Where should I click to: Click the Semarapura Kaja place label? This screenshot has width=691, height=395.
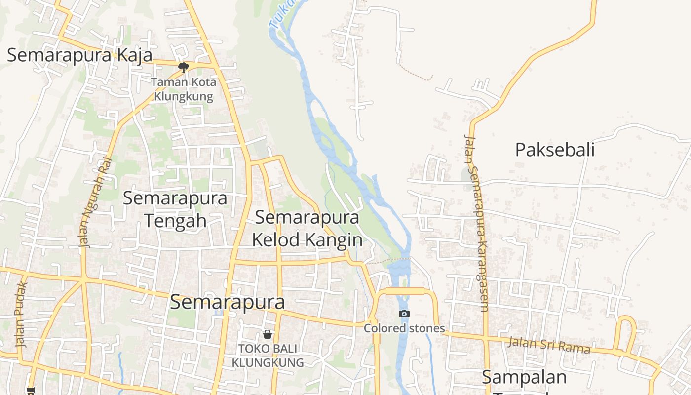click(79, 55)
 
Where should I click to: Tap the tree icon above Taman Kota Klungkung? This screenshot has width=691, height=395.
click(184, 67)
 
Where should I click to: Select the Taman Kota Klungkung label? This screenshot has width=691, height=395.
click(184, 89)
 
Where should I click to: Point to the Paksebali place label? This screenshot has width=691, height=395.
click(555, 150)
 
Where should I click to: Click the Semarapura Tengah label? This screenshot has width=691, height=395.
click(175, 209)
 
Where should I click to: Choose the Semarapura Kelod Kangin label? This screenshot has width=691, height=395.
click(307, 228)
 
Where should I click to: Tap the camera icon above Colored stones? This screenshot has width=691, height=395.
click(404, 314)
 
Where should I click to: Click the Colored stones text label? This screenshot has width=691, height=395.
click(404, 328)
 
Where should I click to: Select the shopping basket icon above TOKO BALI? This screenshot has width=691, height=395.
click(268, 334)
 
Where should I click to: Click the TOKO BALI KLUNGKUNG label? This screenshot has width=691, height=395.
click(268, 355)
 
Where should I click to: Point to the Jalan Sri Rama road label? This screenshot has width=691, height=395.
click(549, 345)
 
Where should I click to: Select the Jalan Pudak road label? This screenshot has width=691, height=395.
click(21, 315)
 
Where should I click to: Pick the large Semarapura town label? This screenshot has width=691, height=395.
click(228, 302)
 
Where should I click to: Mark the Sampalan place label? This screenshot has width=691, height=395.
click(524, 378)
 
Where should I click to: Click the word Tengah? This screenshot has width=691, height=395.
click(175, 220)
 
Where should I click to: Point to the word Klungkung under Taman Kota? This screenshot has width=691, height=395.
click(184, 96)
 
